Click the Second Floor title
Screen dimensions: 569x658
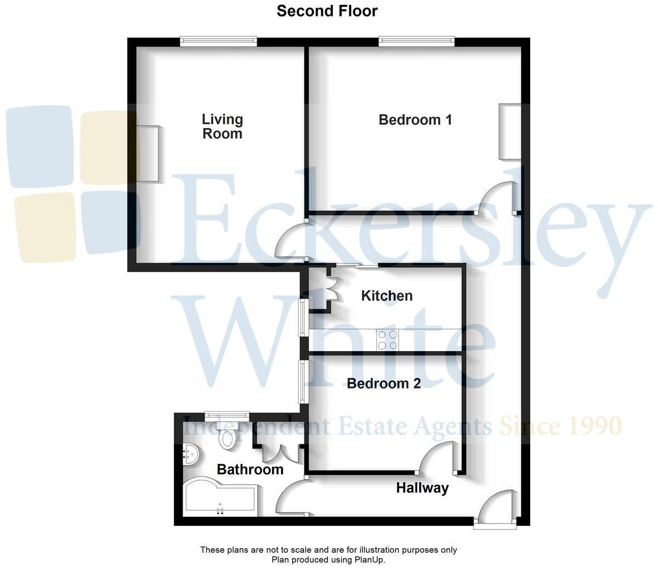pyautogui.click(x=327, y=11)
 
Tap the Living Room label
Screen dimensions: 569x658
pyautogui.click(x=222, y=127)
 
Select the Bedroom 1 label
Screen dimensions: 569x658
pyautogui.click(x=415, y=120)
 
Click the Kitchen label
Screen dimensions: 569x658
pyautogui.click(x=387, y=296)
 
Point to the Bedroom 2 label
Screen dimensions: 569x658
pyautogui.click(x=384, y=383)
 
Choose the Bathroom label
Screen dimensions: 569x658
pyautogui.click(x=250, y=469)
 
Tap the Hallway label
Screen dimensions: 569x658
pyautogui.click(x=422, y=487)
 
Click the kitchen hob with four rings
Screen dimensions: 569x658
pyautogui.click(x=387, y=340)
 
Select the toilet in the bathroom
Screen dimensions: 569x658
pyautogui.click(x=226, y=438)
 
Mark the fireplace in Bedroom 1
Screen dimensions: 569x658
pyautogui.click(x=509, y=131)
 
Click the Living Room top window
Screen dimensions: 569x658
pyautogui.click(x=219, y=41)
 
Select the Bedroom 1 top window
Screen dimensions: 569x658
pyautogui.click(x=416, y=41)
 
